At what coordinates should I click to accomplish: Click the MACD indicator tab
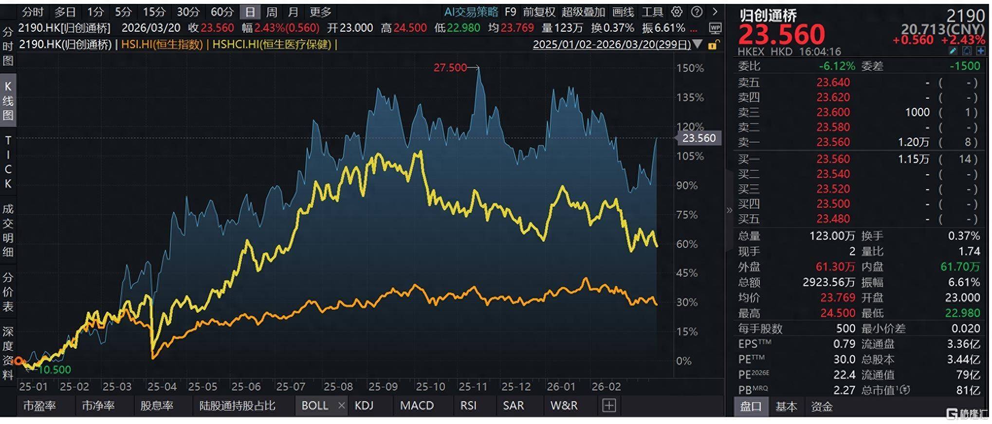click(417, 406)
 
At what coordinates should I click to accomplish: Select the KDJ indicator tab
click(364, 406)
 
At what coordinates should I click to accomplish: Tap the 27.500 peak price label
click(450, 68)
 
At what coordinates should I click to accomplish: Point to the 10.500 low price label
click(55, 370)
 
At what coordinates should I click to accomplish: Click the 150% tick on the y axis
click(690, 68)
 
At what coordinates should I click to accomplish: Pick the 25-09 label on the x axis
click(383, 387)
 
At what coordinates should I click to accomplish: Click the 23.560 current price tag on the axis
click(698, 138)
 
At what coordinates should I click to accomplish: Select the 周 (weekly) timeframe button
click(272, 12)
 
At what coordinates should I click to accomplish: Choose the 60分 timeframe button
click(222, 12)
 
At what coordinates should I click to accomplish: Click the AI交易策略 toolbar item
click(471, 12)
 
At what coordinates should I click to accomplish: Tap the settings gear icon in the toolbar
click(677, 12)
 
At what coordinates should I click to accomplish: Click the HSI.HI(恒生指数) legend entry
click(162, 45)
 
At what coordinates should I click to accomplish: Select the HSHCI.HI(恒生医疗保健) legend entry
click(272, 45)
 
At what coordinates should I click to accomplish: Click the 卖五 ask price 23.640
click(833, 82)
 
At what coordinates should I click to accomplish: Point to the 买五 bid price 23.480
click(833, 219)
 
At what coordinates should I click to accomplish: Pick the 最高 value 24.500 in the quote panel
click(837, 313)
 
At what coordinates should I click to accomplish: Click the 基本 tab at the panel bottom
click(786, 406)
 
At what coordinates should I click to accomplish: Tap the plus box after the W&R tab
click(609, 406)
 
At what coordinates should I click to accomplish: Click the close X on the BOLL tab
click(342, 406)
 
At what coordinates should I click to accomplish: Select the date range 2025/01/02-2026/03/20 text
click(611, 45)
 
